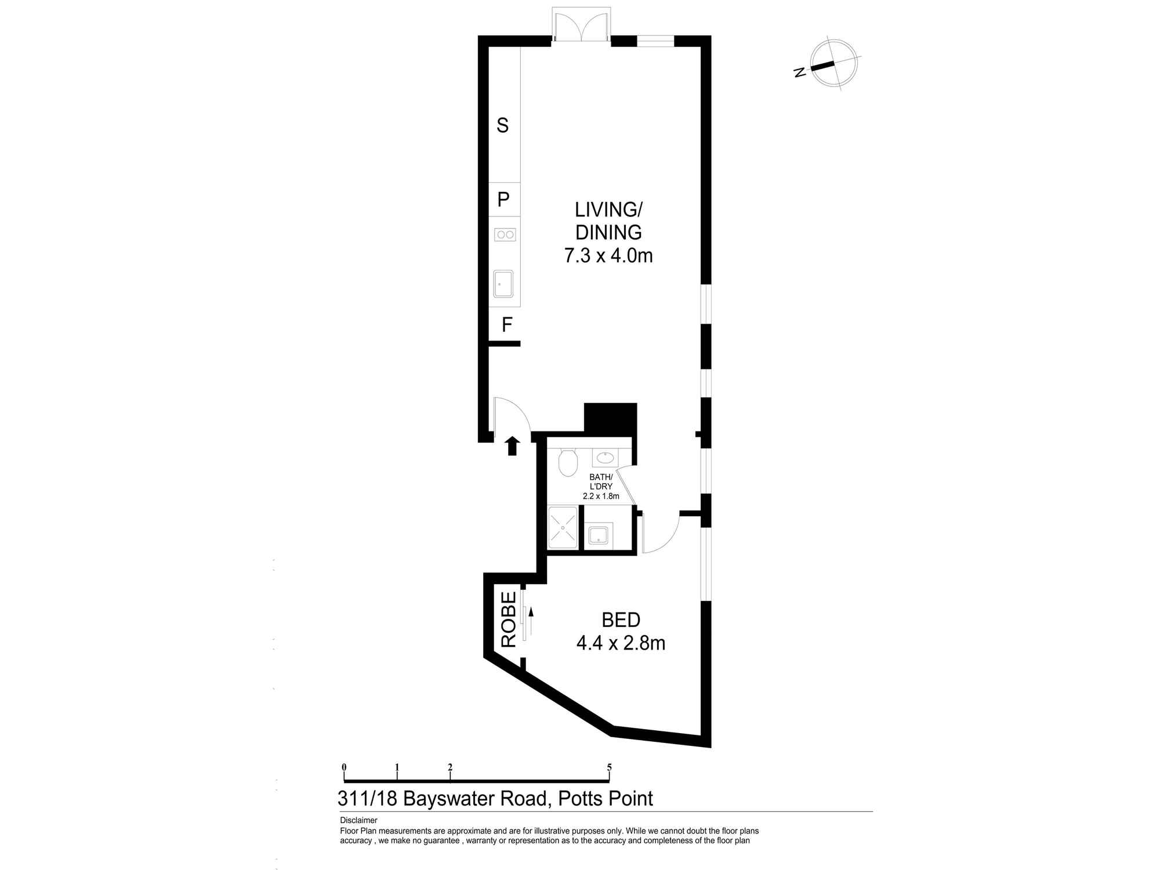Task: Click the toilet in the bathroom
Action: point(568,463)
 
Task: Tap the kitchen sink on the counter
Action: point(503,284)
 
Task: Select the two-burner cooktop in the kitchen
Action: point(505,234)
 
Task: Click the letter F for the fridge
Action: point(507,325)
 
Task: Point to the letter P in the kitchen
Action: point(503,200)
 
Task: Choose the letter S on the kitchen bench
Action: point(503,125)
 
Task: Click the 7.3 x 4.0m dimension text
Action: point(608,255)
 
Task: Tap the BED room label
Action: point(621,620)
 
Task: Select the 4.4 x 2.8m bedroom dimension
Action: point(621,643)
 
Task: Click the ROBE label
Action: point(509,619)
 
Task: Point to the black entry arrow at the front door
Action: point(512,445)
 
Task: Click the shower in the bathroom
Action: point(563,527)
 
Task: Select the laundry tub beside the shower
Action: point(598,534)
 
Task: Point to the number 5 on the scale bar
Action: point(609,767)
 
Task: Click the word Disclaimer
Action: point(358,820)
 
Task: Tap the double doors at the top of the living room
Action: point(580,26)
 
